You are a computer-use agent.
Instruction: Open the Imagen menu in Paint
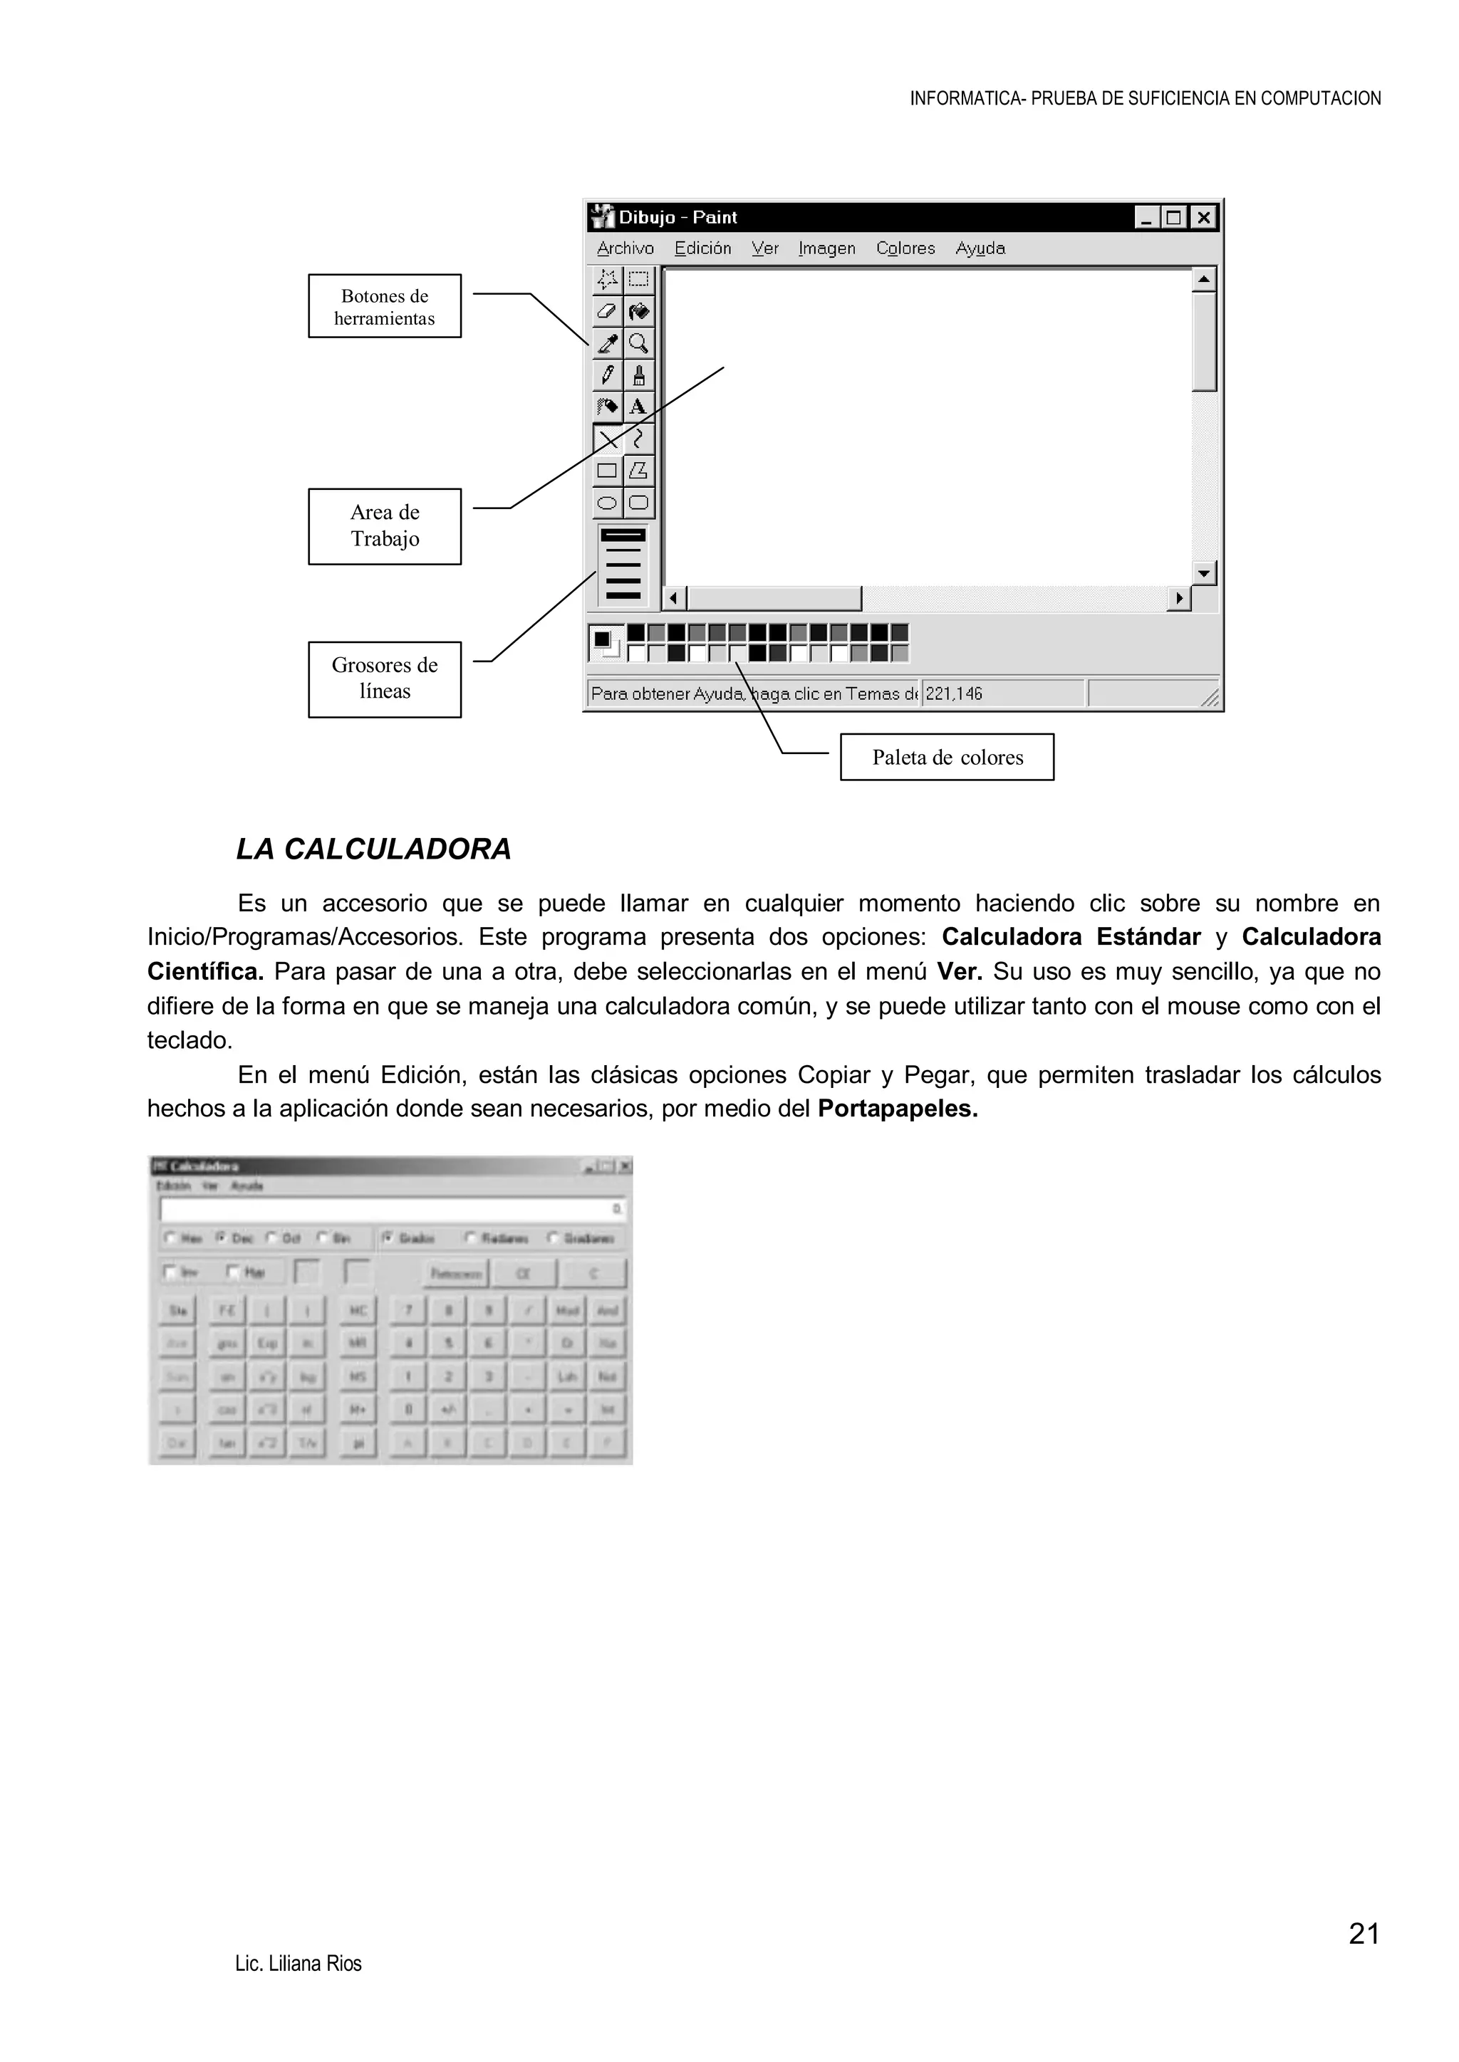826,248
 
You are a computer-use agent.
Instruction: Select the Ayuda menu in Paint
980,248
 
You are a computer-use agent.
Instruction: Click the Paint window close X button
1203,217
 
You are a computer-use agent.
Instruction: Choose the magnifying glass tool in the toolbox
639,343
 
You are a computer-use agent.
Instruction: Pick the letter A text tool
639,407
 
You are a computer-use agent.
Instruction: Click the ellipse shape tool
607,503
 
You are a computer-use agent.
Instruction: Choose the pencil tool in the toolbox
607,375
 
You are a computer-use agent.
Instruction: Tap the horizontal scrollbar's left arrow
674,598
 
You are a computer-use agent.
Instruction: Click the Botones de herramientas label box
385,306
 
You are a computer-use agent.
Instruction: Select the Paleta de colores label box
947,757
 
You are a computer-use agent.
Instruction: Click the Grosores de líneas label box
385,679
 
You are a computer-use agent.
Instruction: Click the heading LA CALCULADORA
374,849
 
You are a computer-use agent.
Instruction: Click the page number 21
1363,1934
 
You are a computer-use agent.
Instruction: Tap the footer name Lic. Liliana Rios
298,1964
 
